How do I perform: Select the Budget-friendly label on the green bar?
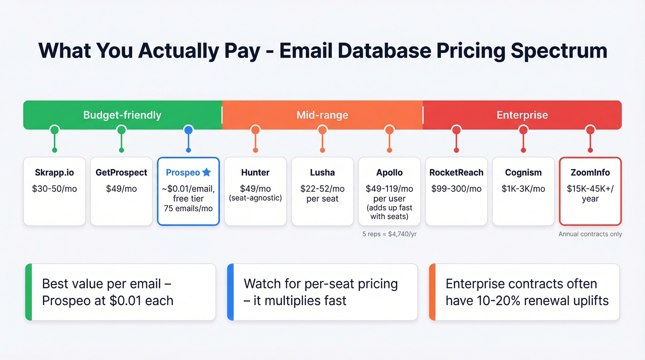(122, 115)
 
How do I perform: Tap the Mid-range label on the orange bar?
(322, 115)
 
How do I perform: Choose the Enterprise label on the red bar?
(522, 115)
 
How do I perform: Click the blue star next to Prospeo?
(206, 172)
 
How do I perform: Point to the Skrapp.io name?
(54, 173)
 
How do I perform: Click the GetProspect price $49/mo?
(121, 189)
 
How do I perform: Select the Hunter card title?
(255, 173)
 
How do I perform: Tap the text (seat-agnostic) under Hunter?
(255, 199)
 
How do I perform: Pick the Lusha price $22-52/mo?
(322, 189)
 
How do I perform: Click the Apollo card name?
(389, 173)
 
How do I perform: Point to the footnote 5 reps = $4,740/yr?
(389, 234)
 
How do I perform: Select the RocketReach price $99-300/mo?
(456, 189)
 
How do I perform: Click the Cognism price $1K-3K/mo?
(523, 189)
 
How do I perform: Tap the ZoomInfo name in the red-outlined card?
(590, 173)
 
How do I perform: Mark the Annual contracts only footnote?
(590, 234)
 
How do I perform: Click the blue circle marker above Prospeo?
(188, 130)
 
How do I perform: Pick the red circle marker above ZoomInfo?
(590, 130)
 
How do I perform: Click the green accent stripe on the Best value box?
(28, 292)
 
